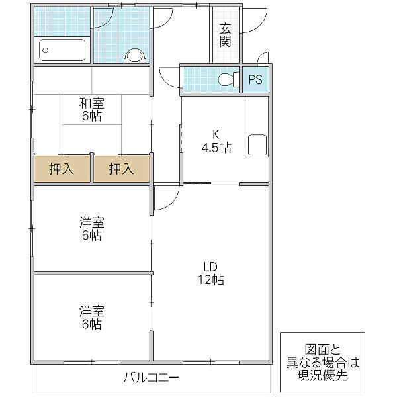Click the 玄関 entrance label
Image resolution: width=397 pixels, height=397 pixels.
[x=225, y=35]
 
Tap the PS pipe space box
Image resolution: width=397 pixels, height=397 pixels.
[x=255, y=79]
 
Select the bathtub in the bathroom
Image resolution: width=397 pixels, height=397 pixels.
[x=62, y=50]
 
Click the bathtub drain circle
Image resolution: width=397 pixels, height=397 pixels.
[x=45, y=50]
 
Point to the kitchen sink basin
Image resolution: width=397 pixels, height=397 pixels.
[x=257, y=145]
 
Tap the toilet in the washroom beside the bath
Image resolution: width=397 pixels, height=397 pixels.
[x=135, y=56]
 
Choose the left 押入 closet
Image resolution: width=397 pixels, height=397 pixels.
[x=62, y=169]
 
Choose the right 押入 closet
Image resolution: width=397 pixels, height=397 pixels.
[x=122, y=169]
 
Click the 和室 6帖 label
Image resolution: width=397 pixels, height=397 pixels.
[x=92, y=109]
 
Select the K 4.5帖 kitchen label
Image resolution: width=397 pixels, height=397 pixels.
[x=216, y=141]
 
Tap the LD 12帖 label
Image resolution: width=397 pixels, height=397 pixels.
[x=210, y=273]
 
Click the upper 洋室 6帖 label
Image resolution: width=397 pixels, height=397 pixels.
[x=92, y=229]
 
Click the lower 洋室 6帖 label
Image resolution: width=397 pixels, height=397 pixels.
[x=92, y=318]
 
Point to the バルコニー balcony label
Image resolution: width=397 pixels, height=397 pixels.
[x=152, y=378]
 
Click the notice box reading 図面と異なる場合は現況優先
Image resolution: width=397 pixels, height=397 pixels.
[x=322, y=362]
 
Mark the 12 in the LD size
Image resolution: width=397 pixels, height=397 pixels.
[x=204, y=280]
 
